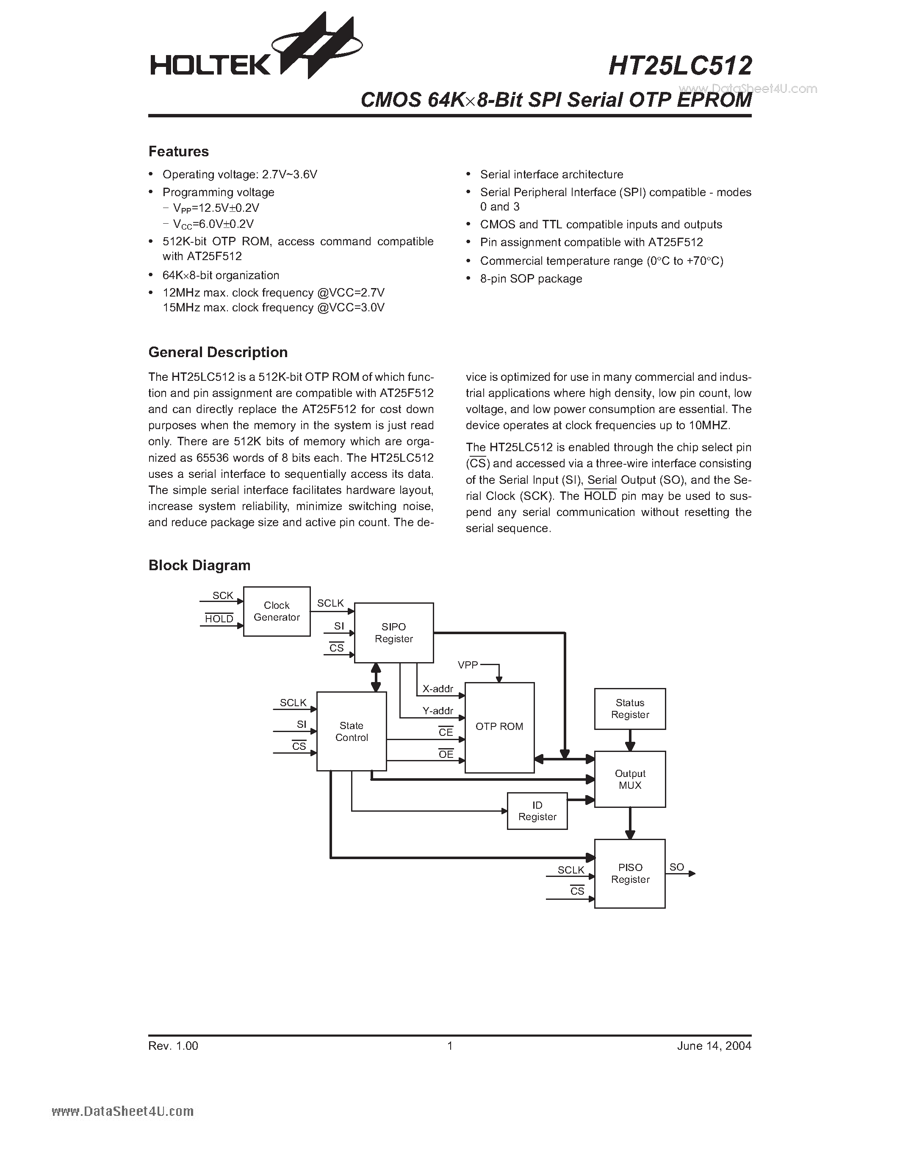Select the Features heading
coord(179,152)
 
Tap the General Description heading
coord(218,352)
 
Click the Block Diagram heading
coord(199,566)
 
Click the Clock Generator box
coord(276,611)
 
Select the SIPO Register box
coord(393,632)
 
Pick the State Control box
coord(352,731)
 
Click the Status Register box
coord(630,708)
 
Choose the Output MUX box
coord(630,779)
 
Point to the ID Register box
coord(537,811)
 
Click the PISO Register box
coord(630,873)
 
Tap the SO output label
coord(677,867)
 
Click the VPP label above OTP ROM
coord(468,665)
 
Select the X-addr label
coord(438,689)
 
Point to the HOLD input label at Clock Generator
coord(219,619)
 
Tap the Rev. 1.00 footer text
coord(173,1046)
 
